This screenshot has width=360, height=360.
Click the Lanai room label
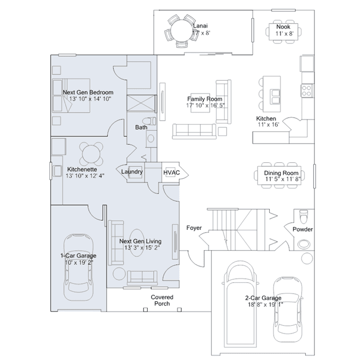tap(200, 26)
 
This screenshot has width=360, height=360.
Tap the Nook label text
tap(283, 27)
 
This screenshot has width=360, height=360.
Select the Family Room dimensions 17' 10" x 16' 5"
tap(205, 105)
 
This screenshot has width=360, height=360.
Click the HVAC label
tap(171, 172)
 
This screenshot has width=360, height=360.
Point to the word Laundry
tap(132, 172)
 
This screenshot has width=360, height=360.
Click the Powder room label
tap(303, 229)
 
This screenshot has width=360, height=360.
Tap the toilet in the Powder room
tap(304, 217)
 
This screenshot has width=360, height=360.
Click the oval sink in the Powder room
tap(304, 244)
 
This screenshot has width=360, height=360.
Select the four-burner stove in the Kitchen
tap(306, 91)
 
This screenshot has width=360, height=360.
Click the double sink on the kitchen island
tap(275, 97)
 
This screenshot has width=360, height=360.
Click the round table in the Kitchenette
tap(91, 154)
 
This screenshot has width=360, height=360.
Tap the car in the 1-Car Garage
tap(78, 267)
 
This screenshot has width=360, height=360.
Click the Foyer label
tap(194, 228)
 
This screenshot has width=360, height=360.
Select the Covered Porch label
tap(162, 300)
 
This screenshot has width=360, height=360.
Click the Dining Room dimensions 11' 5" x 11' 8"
tap(283, 179)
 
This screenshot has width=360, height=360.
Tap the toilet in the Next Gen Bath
tap(149, 121)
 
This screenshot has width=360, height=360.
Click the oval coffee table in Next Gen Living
tap(137, 243)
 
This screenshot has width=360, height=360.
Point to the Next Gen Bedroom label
tap(88, 92)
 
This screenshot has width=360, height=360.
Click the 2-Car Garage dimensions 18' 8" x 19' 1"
tap(265, 304)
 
